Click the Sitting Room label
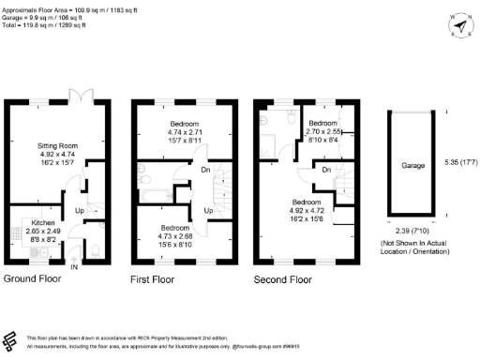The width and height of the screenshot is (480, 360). pyautogui.click(x=46, y=146)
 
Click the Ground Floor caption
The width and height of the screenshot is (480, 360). pyautogui.click(x=34, y=279)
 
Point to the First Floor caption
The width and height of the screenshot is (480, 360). pyautogui.click(x=155, y=279)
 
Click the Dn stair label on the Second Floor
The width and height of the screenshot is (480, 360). pyautogui.click(x=325, y=170)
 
